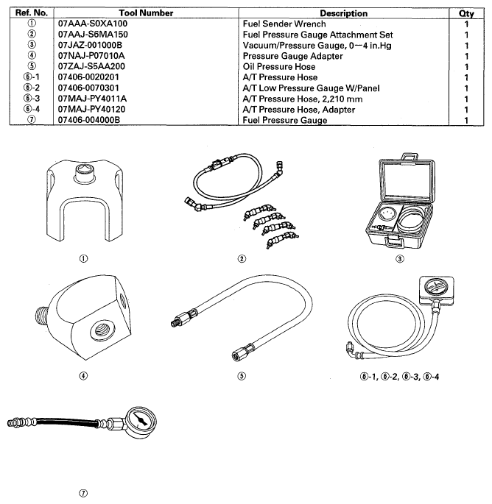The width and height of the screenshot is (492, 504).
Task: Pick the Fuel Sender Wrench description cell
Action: click(284, 24)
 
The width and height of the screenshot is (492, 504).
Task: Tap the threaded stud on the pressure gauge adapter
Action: click(42, 315)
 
